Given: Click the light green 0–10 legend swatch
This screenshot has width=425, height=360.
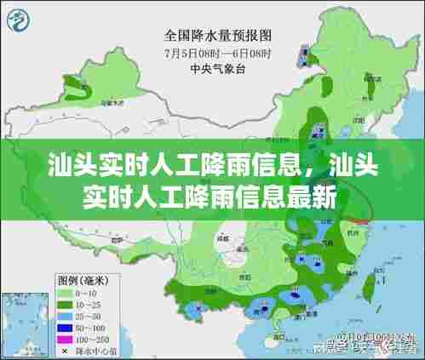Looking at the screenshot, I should click(x=64, y=292).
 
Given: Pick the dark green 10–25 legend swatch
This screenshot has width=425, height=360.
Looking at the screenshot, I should click(x=64, y=303).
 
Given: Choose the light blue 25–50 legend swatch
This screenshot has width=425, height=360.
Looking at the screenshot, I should click(x=64, y=314).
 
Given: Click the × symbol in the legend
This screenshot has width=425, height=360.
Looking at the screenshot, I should click(x=64, y=348).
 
